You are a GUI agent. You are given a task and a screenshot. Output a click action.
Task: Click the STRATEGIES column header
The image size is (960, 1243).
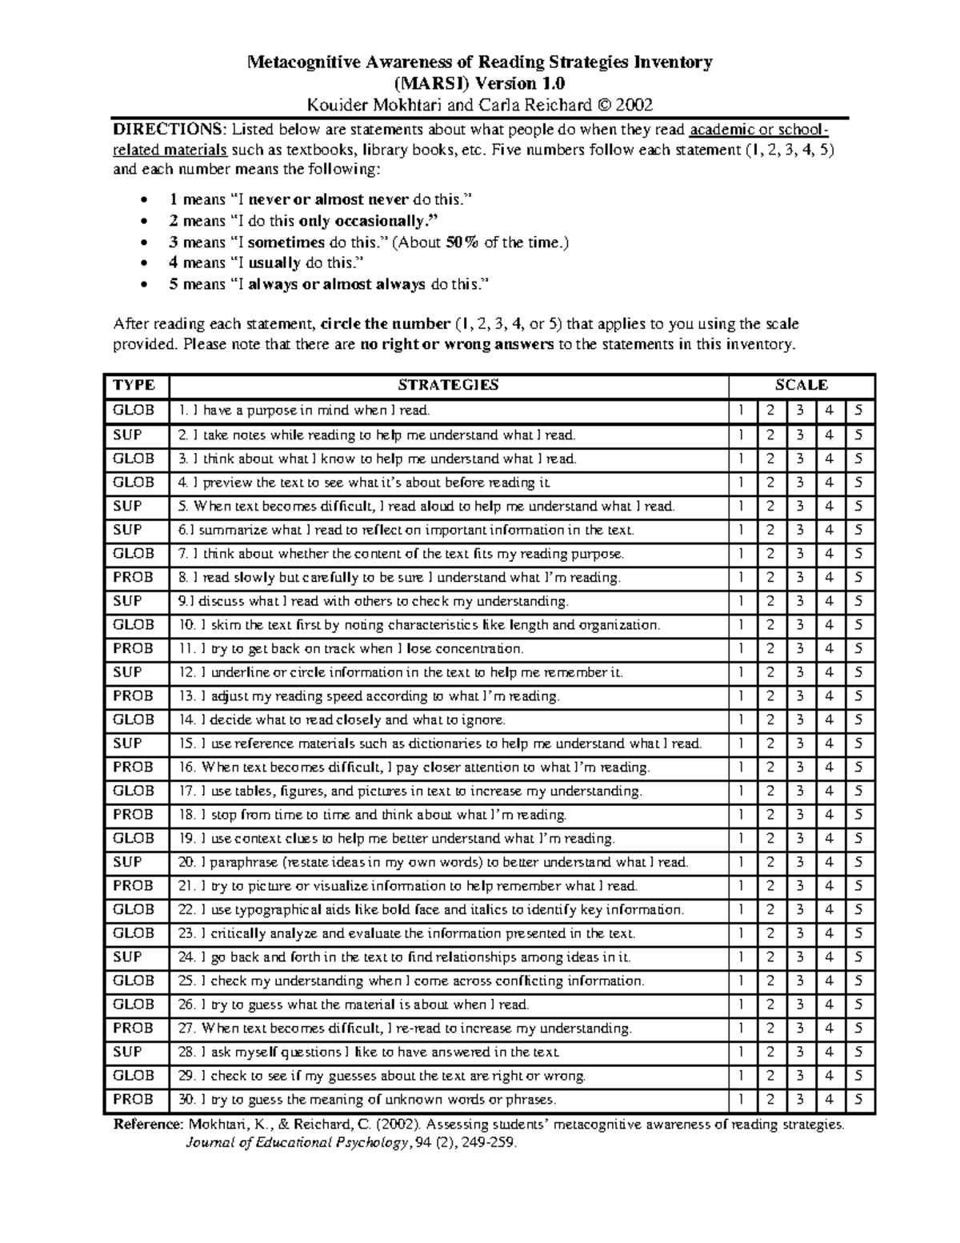tap(448, 385)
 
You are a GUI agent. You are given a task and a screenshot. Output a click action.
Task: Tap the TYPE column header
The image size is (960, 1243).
tap(134, 385)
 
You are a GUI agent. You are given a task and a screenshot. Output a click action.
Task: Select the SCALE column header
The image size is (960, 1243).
tap(802, 385)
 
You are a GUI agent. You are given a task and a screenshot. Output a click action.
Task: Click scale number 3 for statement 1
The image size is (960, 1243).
tap(800, 411)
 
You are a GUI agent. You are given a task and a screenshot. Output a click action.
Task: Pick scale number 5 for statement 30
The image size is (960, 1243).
tap(858, 1100)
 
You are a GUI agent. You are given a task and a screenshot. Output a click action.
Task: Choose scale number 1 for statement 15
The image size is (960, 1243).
tap(741, 744)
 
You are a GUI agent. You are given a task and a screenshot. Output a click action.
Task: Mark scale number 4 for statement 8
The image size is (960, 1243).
tap(830, 578)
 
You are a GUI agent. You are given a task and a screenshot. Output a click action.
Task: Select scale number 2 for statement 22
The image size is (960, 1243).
tap(770, 910)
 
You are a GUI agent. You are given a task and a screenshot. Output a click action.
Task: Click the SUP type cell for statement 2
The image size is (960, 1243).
tap(128, 435)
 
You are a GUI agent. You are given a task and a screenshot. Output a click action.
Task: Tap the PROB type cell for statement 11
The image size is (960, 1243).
tap(133, 649)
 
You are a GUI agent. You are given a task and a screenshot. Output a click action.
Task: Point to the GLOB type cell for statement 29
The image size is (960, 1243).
tap(134, 1076)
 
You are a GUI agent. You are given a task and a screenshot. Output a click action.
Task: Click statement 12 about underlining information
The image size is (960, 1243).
tap(400, 673)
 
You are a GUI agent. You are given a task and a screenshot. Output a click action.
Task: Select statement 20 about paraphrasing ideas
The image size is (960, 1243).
tap(433, 863)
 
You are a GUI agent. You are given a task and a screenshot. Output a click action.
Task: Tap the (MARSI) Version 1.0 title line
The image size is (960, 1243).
tap(479, 83)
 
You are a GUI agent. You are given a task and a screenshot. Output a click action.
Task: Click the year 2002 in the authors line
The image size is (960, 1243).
tap(637, 105)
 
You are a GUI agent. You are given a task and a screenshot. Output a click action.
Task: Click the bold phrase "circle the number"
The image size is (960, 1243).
tap(384, 324)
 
